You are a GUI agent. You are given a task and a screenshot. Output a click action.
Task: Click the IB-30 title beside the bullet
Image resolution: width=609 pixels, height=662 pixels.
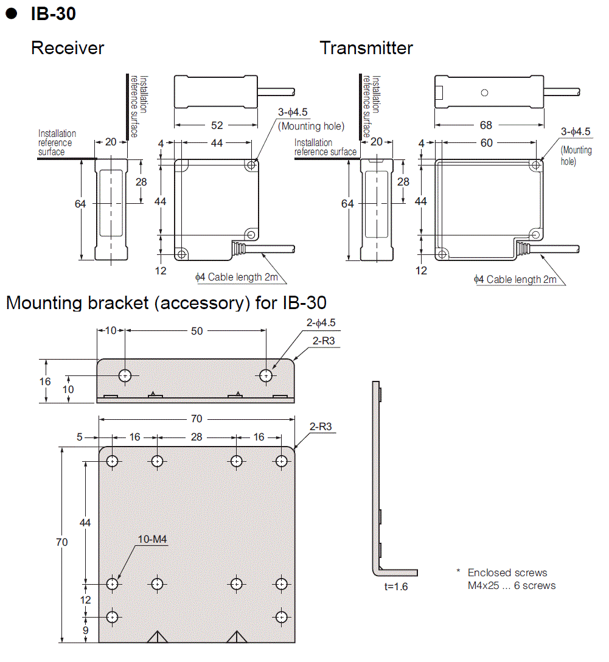point(53,13)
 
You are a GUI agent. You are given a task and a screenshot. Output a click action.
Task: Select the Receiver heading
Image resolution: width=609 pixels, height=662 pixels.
point(68,48)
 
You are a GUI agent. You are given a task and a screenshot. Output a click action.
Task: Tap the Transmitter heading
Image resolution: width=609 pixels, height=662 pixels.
point(366,48)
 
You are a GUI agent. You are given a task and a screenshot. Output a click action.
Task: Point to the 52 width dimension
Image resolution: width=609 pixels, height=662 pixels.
point(217,125)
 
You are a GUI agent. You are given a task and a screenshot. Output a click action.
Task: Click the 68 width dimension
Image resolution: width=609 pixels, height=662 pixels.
point(485,125)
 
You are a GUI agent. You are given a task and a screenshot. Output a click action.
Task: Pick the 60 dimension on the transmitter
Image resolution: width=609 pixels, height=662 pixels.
point(486,143)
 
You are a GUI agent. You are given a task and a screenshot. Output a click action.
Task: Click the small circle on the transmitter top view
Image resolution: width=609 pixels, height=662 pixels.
point(484,92)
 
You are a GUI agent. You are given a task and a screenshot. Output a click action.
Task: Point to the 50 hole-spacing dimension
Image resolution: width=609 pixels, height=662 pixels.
point(197,331)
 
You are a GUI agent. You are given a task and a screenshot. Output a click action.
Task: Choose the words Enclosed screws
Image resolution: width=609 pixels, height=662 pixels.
point(507,573)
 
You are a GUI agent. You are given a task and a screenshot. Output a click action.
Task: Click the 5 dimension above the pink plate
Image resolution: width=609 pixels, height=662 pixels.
point(80,437)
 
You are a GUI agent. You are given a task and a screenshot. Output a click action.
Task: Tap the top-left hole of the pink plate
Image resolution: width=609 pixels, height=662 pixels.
point(112,461)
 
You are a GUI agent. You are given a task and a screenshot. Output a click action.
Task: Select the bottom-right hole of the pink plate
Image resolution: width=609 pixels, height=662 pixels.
point(281,617)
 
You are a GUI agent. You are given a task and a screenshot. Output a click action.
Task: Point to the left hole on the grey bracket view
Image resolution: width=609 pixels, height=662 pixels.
point(125,375)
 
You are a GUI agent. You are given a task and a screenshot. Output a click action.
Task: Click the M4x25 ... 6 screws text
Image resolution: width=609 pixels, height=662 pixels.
point(511,585)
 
